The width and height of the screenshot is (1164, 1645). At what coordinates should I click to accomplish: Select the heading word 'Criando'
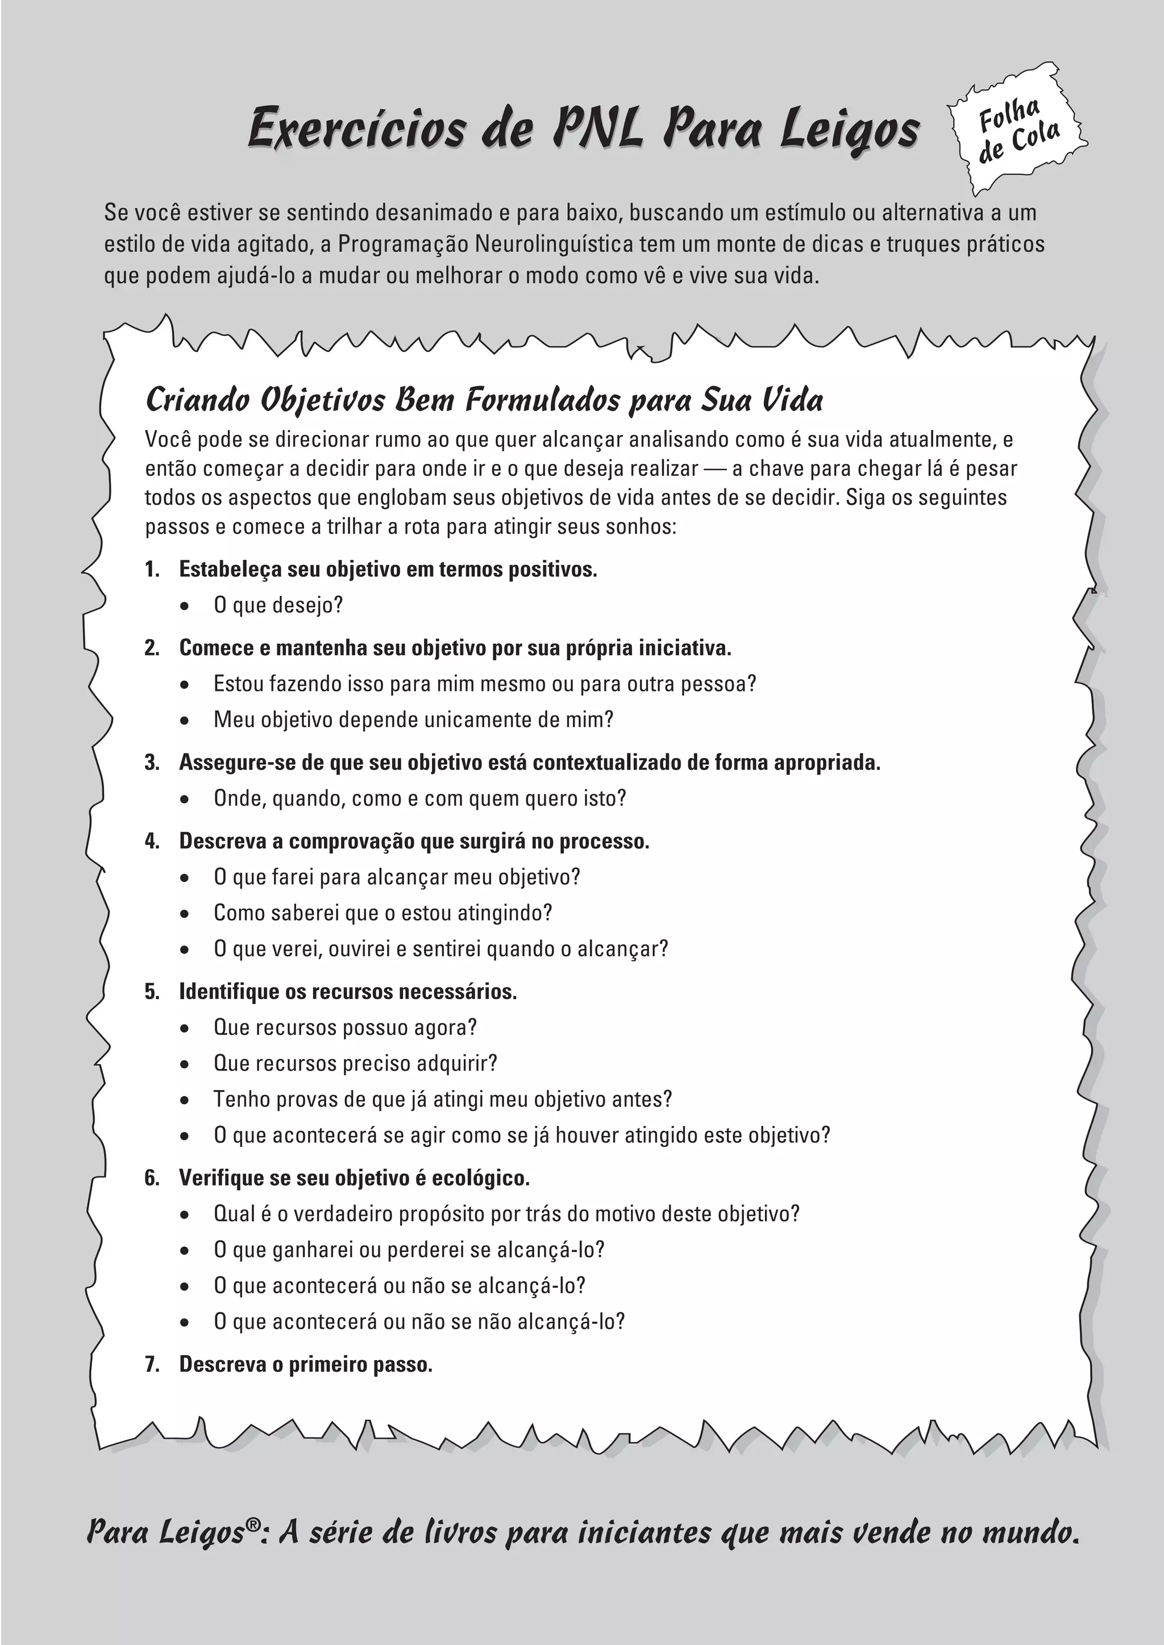(x=197, y=400)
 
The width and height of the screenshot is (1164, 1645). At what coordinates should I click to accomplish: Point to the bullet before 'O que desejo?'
(x=185, y=607)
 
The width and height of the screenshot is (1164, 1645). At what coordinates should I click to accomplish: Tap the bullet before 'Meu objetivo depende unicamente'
(x=185, y=720)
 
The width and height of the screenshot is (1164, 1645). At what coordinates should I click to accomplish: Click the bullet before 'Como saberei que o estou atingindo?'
(x=185, y=914)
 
